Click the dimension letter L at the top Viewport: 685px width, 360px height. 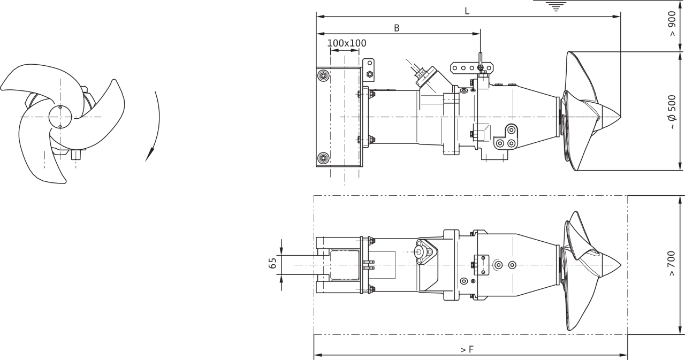467,11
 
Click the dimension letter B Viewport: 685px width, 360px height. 397,28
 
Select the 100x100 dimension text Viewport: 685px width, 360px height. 347,43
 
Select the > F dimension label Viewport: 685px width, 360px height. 467,349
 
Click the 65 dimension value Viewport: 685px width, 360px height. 272,263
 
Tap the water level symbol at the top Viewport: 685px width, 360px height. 555,6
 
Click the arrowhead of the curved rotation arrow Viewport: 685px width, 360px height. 149,155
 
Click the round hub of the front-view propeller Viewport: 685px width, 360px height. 60,117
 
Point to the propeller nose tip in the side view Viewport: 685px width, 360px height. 621,117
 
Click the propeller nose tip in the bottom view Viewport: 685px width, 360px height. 621,265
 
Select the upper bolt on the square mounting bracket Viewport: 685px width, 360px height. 323,75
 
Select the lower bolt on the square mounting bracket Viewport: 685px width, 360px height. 323,158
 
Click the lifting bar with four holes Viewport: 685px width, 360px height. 472,68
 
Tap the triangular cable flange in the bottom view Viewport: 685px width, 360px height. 424,252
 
